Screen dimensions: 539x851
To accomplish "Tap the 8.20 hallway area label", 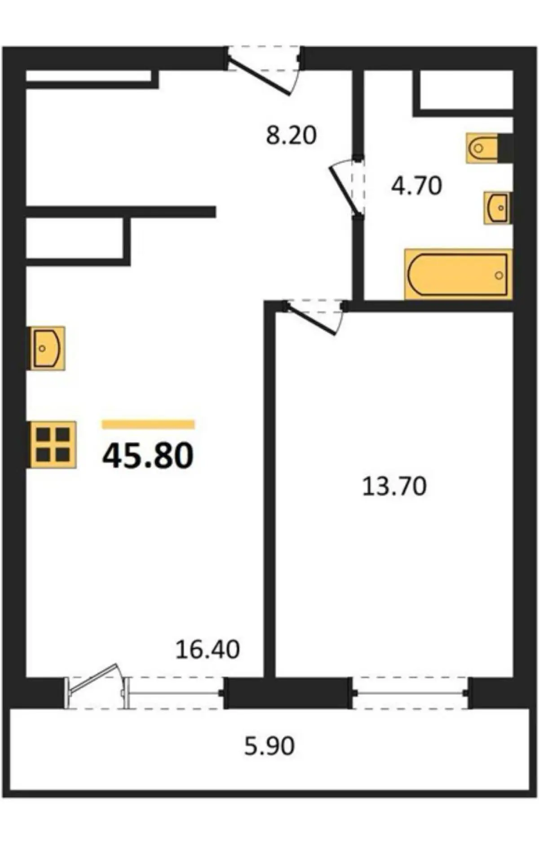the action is tap(292, 135).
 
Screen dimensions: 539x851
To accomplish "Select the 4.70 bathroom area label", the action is tap(417, 185).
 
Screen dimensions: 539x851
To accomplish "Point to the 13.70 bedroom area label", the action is tap(394, 487).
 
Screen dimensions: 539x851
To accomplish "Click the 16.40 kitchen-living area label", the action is tap(208, 649).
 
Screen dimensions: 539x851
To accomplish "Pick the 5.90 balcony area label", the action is tap(269, 746).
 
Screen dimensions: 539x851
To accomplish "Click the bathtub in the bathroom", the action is tap(458, 274).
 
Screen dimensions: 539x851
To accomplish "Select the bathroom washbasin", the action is tap(497, 207).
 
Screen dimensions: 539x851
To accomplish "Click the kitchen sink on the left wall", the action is tap(47, 348).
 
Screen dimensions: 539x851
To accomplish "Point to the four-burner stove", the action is tap(53, 445).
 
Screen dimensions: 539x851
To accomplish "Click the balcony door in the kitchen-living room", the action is tap(97, 685).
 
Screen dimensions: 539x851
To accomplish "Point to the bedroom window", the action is tap(411, 693).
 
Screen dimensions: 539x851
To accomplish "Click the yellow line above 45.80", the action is tap(148, 424).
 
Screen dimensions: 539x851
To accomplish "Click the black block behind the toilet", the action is tap(506, 148).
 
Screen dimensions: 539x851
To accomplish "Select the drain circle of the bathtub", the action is tap(499, 275).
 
